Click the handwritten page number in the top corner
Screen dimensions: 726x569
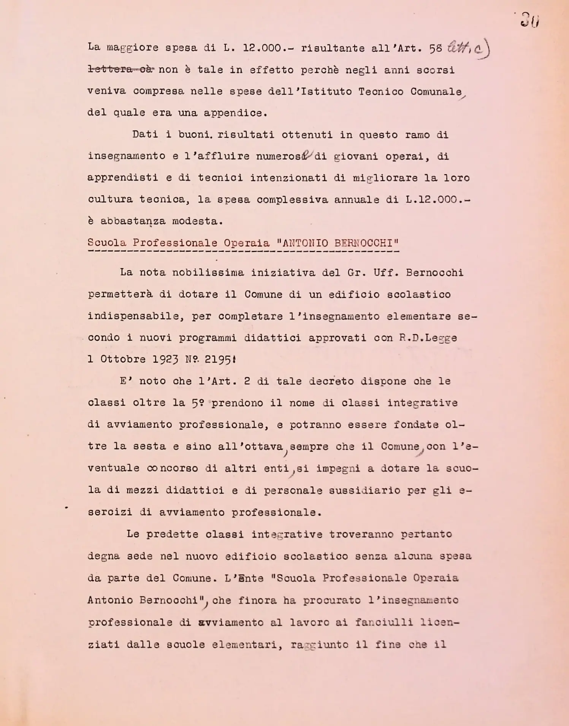tap(529, 20)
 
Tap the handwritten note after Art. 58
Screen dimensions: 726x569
tap(469, 48)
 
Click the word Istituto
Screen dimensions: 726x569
tap(326, 92)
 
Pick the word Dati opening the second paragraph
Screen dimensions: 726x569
tap(145, 135)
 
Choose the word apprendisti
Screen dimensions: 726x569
tap(123, 178)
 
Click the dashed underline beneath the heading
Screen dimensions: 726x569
tap(243, 251)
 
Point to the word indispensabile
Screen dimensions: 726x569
tap(133, 316)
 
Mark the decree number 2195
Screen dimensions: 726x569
tap(217, 359)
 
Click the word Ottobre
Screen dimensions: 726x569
tap(123, 359)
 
